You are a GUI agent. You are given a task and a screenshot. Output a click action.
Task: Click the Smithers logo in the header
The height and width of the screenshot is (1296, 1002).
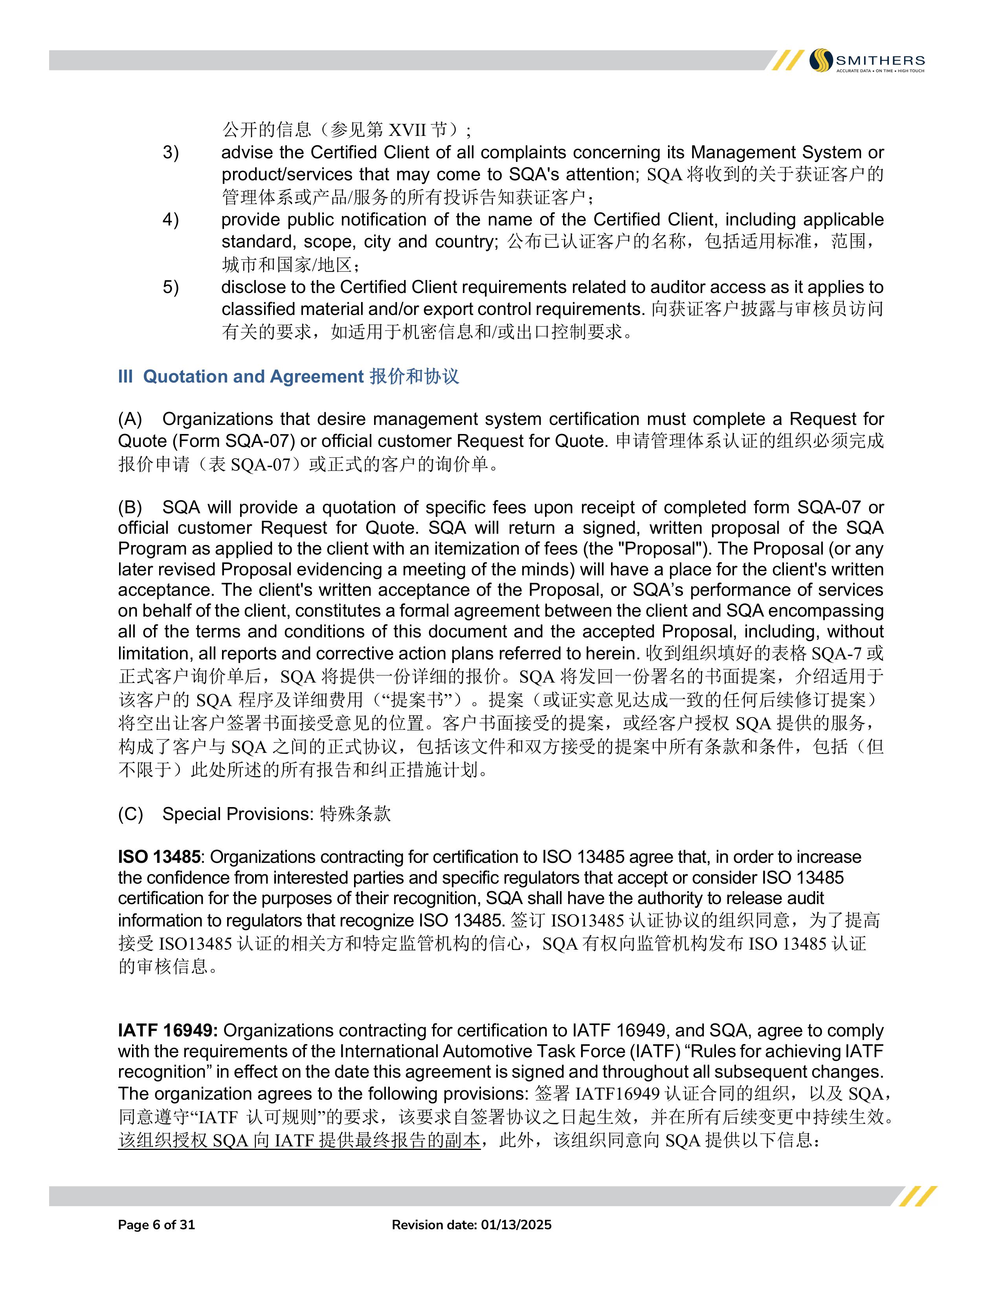click(867, 60)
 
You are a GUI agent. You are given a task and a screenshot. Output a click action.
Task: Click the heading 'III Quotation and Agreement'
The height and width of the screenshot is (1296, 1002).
click(288, 377)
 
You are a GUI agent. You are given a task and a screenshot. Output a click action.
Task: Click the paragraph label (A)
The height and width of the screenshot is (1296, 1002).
click(130, 419)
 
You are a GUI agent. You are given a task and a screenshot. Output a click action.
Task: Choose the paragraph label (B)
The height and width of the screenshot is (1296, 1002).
click(130, 507)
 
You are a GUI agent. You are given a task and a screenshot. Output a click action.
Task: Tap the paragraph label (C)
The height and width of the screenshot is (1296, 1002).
click(130, 814)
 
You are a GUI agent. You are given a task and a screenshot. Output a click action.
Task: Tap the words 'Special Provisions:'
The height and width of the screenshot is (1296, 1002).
click(237, 814)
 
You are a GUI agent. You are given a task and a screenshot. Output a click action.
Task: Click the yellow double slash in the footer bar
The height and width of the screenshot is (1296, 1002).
click(918, 1196)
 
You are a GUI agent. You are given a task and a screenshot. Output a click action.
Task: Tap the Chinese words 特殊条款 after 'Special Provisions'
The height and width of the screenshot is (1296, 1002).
click(355, 814)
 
